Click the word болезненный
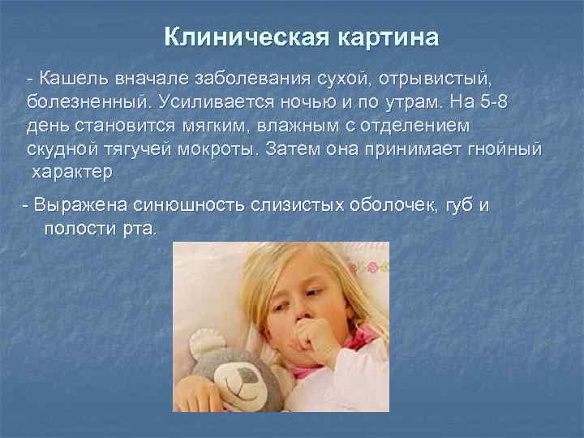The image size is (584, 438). pos(88,103)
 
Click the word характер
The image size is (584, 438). pos(72,173)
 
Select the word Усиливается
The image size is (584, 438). pos(217,103)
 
